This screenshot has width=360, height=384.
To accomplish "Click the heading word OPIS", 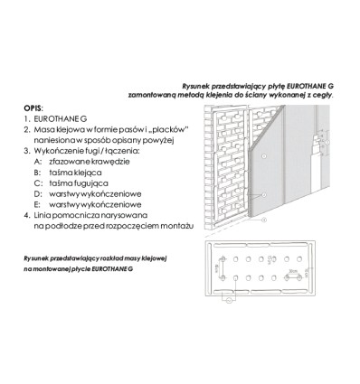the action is click(33, 108).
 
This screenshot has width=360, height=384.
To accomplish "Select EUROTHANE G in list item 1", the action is click(61, 119).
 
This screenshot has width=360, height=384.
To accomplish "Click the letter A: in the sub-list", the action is click(38, 162).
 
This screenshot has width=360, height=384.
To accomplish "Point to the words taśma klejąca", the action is click(75, 173).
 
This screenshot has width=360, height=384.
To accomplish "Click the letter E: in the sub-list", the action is click(37, 205).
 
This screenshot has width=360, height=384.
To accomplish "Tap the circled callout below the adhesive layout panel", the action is click(229, 300).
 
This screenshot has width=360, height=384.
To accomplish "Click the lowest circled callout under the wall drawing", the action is click(264, 220).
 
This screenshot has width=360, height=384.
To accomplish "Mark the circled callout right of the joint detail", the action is click(328, 142).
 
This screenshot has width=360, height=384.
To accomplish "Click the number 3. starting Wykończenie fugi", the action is click(27, 151).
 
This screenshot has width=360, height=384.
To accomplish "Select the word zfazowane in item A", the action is click(69, 162).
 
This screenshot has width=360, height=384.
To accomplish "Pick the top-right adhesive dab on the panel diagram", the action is click(299, 259).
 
